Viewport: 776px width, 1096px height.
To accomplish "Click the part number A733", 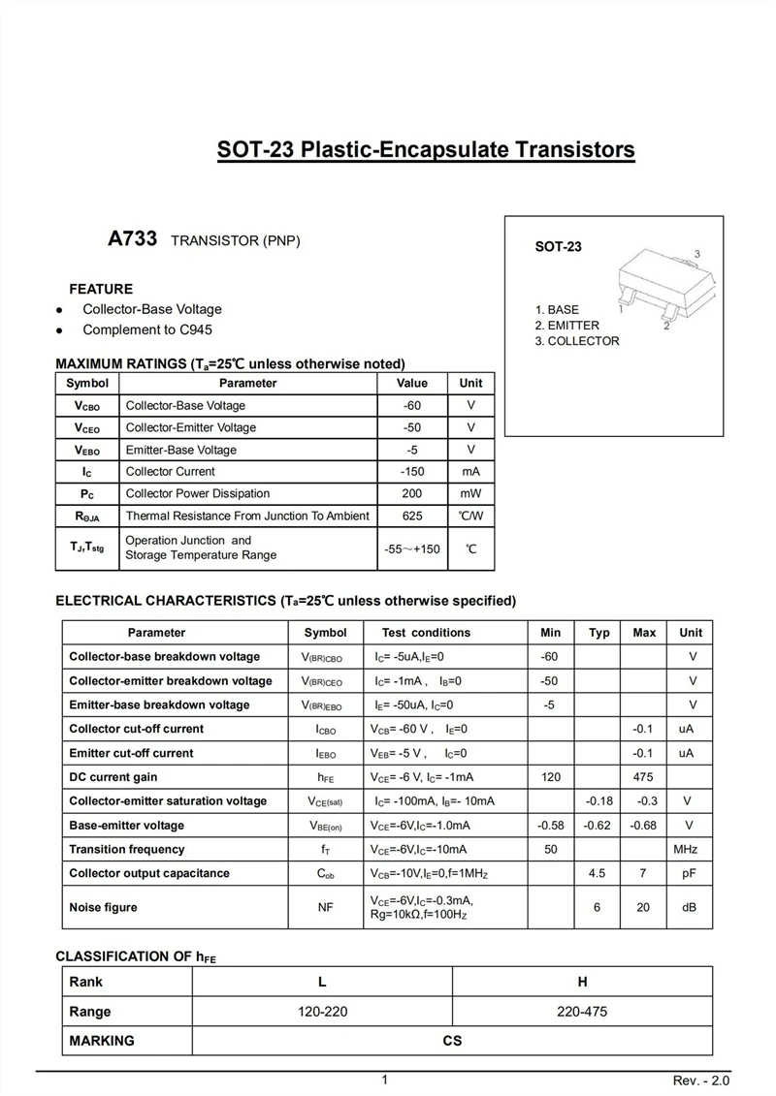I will [132, 239].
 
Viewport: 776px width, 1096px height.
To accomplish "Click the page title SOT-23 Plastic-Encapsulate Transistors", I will [426, 150].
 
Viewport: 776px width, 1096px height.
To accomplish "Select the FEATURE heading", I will [101, 289].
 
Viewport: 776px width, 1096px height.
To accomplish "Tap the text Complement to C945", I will [147, 329].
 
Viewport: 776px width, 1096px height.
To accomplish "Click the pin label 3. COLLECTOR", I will [576, 341].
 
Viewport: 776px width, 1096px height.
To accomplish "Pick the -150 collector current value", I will [412, 472].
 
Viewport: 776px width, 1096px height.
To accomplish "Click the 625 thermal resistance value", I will [412, 516].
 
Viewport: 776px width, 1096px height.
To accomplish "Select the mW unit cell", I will [470, 493].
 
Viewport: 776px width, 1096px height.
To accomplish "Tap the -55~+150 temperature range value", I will [412, 548].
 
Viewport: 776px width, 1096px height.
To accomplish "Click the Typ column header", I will [599, 633].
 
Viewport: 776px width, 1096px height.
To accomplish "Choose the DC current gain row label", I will [113, 777].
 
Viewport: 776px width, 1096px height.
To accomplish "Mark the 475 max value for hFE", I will [643, 777].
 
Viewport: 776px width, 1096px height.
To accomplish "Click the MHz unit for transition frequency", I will [686, 850].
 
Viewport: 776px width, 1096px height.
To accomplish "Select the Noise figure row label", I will [103, 908].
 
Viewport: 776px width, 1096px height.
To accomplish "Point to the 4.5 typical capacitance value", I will [598, 873].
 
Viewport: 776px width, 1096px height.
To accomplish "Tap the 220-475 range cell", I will [582, 1012].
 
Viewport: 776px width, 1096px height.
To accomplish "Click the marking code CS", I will [452, 1042].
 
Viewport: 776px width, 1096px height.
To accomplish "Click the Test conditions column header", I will [426, 633].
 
